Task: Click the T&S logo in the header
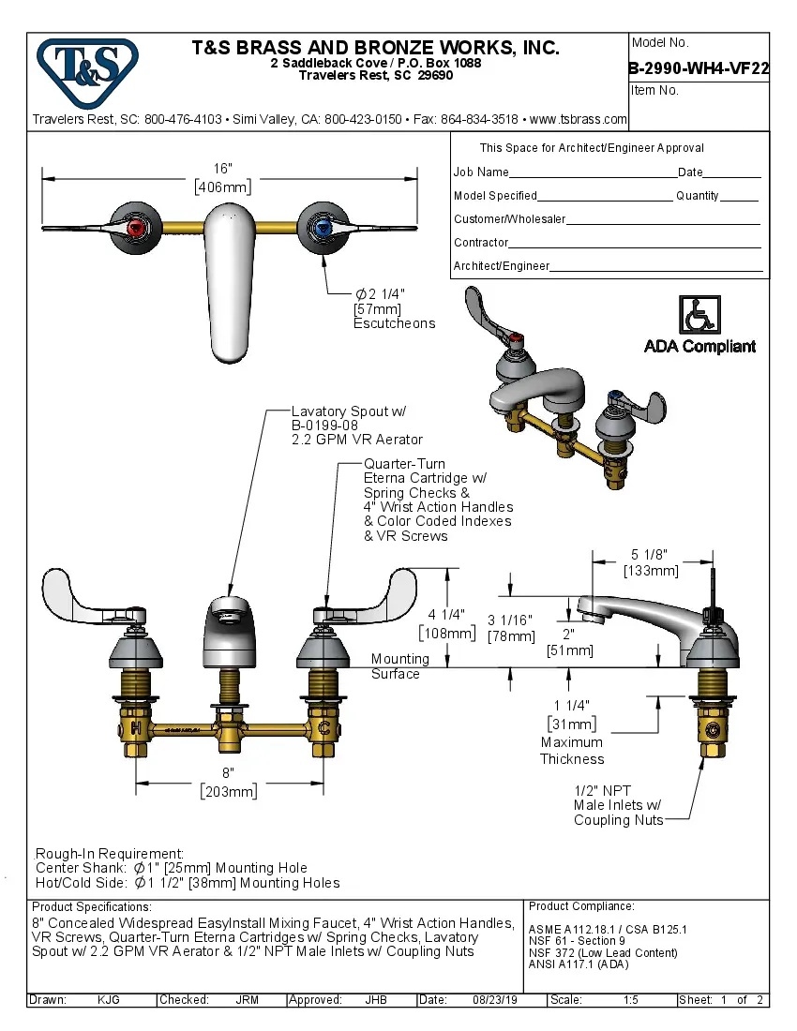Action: [87, 68]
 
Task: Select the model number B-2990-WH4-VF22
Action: [699, 67]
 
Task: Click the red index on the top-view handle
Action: [137, 227]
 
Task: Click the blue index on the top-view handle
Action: [321, 227]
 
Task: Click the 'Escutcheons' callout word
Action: [394, 323]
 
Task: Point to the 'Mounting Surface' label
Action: [399, 666]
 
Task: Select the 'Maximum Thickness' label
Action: [572, 751]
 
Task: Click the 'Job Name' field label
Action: [481, 172]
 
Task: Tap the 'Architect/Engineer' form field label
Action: [501, 266]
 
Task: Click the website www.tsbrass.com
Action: [578, 119]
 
